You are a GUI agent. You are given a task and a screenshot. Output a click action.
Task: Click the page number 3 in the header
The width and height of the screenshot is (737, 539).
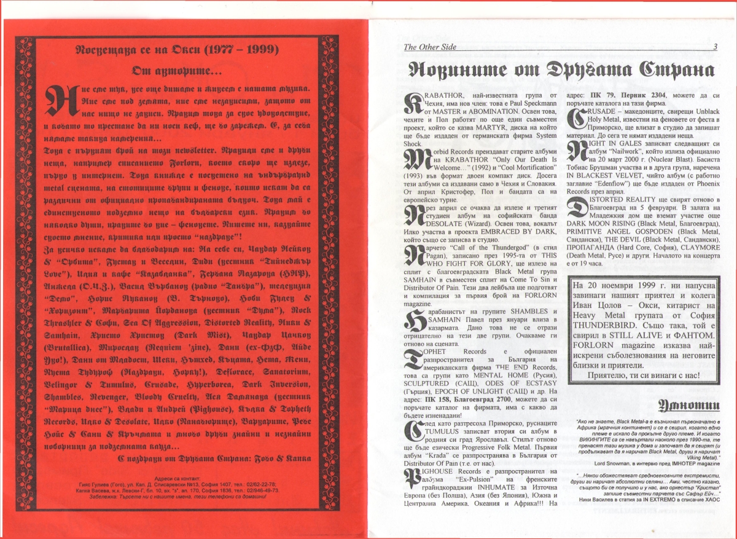pyautogui.click(x=715, y=47)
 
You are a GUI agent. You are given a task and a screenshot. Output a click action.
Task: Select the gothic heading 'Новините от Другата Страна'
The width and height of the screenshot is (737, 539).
pyautogui.click(x=557, y=70)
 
